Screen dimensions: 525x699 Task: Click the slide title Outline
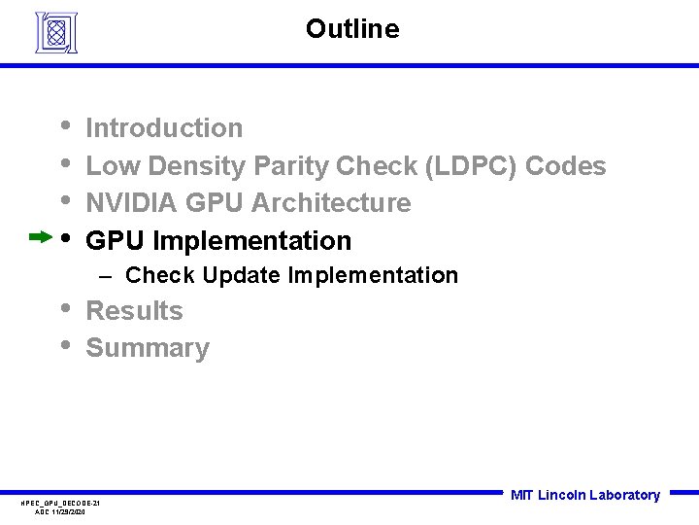pos(351,29)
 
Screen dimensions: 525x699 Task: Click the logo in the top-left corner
pos(55,32)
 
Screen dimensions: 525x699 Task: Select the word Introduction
pos(164,128)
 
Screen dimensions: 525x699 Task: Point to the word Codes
pos(565,166)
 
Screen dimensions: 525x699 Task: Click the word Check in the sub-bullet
pos(161,276)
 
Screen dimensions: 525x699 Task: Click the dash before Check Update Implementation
pos(109,276)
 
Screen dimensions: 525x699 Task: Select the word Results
pos(134,311)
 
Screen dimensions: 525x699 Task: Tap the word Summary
pos(148,348)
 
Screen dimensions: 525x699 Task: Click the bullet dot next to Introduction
pos(64,124)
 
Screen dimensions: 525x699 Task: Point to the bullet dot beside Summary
pos(64,344)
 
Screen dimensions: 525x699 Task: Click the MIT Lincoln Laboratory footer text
pos(584,495)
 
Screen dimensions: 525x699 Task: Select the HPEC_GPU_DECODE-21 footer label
pos(60,503)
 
